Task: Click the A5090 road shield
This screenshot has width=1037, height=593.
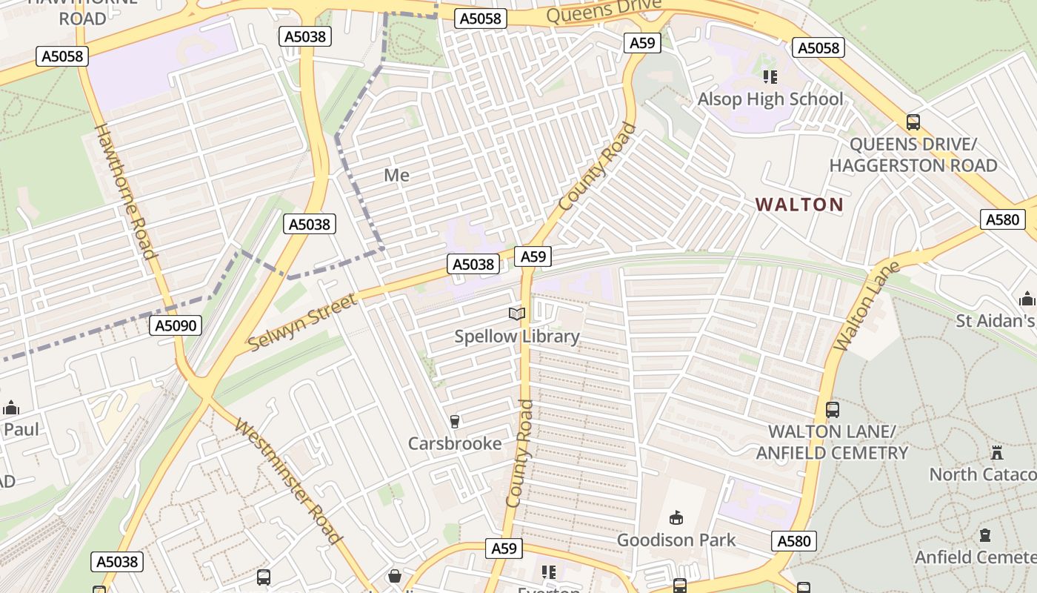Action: pos(175,325)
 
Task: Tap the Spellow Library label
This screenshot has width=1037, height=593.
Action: pos(517,337)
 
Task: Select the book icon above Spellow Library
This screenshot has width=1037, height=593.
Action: pos(517,314)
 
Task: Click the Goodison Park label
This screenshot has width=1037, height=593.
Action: pos(676,540)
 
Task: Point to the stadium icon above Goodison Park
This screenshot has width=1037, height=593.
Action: pos(676,517)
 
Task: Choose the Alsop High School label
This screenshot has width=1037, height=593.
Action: pos(770,99)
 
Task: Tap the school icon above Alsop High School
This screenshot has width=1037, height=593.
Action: pos(770,76)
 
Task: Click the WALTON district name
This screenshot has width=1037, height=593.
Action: pos(799,205)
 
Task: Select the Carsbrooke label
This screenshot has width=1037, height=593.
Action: pos(455,444)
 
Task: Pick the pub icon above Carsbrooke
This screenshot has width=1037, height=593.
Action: pos(455,422)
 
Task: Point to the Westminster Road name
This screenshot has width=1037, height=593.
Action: pos(289,481)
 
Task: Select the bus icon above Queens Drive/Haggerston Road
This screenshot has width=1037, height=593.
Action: pos(913,122)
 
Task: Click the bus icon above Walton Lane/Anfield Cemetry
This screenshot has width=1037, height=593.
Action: pos(833,409)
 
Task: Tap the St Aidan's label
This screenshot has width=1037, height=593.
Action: pos(995,321)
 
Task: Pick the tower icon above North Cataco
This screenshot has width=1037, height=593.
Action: pos(997,452)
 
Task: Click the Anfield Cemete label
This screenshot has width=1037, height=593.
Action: pos(975,557)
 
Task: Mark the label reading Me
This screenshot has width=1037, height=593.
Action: pos(397,176)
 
